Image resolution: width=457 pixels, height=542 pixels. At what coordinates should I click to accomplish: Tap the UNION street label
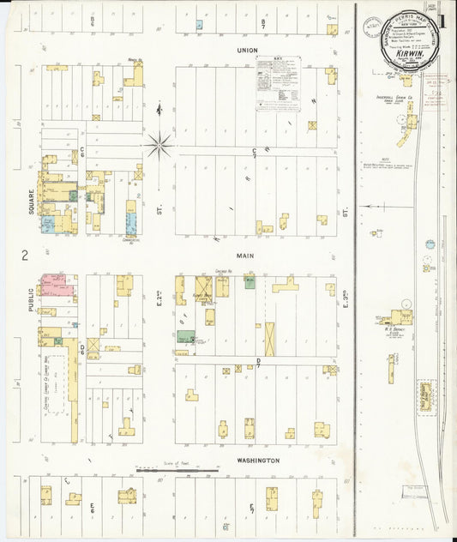[x=248, y=51]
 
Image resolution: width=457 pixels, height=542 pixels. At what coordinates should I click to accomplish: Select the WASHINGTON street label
[x=258, y=461]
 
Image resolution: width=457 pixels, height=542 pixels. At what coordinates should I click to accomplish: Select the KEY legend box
[x=279, y=83]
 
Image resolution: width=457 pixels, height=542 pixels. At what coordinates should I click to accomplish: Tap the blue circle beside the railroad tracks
[x=430, y=244]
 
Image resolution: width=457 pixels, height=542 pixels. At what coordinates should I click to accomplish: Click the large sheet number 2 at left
[x=26, y=255]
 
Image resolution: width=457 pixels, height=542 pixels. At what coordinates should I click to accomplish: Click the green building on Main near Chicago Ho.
[x=250, y=282]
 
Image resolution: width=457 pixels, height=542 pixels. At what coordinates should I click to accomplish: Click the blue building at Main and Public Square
[x=48, y=225]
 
